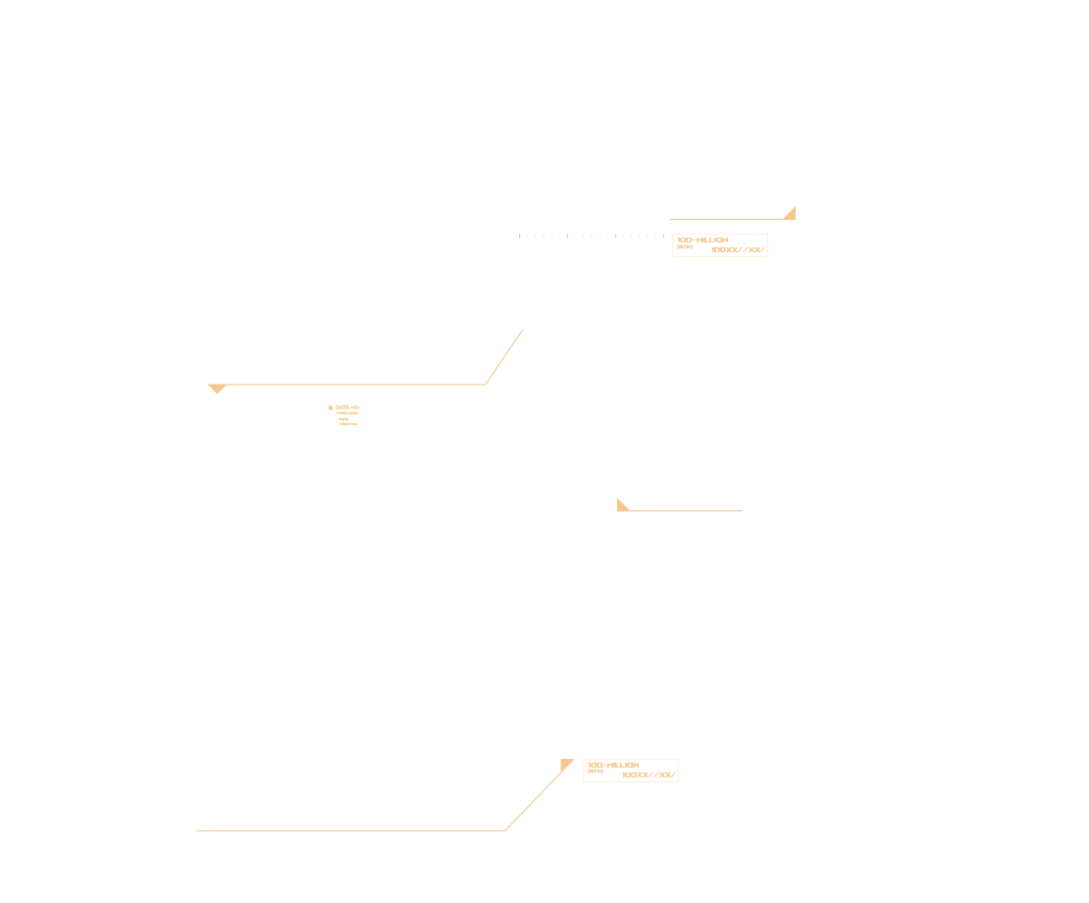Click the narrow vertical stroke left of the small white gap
pyautogui.click(x=422, y=628)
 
